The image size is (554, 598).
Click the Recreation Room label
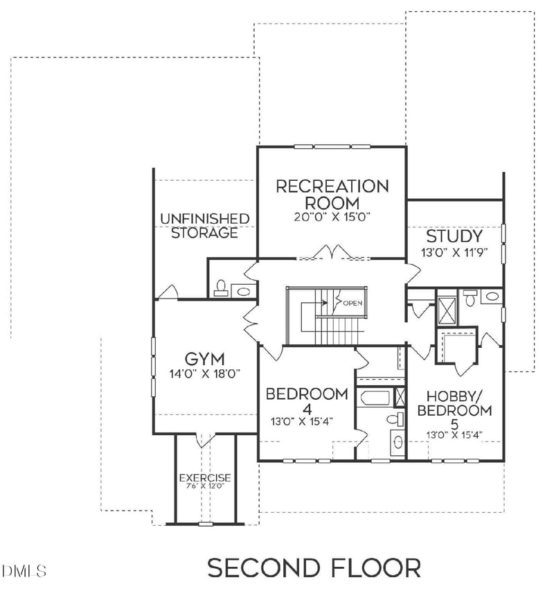(x=332, y=194)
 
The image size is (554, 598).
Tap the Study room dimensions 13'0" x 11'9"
(x=454, y=253)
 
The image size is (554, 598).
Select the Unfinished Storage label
(x=204, y=226)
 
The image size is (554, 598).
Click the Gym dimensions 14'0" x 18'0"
(x=204, y=373)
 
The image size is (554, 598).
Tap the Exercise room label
(x=205, y=478)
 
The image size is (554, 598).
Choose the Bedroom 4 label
(x=307, y=401)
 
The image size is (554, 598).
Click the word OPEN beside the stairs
(x=352, y=303)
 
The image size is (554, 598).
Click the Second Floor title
(x=314, y=568)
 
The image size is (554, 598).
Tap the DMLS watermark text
(x=24, y=572)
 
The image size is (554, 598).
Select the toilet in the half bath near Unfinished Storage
(x=222, y=288)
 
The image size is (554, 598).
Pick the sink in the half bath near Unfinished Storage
(x=243, y=291)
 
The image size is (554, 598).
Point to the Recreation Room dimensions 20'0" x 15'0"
(x=332, y=217)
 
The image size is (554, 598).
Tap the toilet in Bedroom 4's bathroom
(x=395, y=419)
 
